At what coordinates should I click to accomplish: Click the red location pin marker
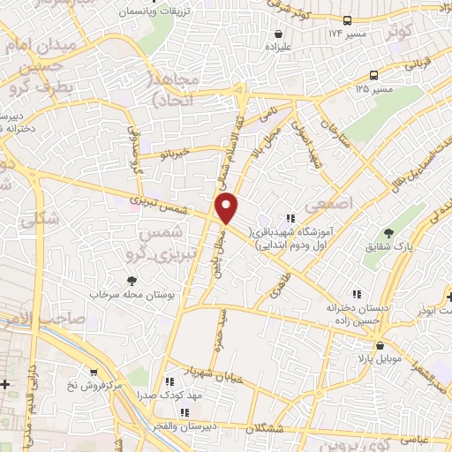[227, 208]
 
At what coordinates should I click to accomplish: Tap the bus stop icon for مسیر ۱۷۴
[348, 19]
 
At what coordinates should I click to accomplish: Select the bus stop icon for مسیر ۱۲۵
[375, 75]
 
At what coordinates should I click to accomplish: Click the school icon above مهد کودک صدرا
[167, 382]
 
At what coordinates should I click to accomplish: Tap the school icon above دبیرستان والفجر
[185, 412]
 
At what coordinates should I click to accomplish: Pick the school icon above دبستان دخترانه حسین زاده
[357, 294]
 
